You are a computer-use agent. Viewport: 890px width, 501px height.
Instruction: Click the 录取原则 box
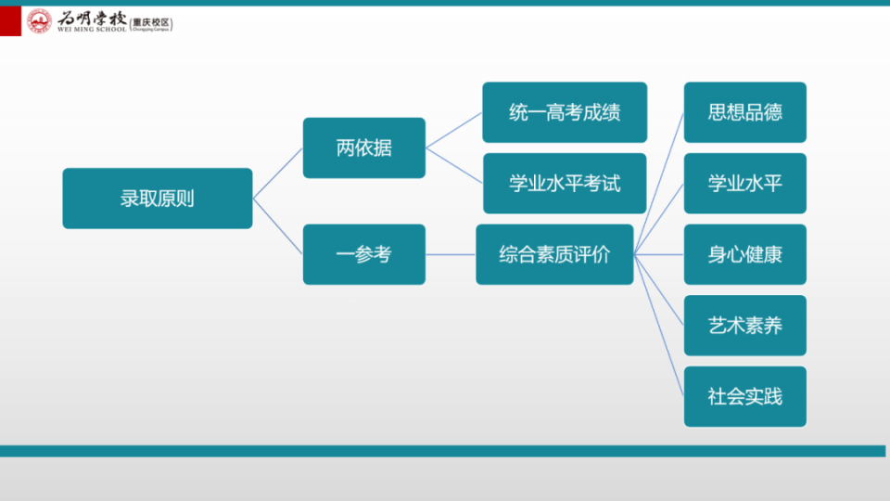(x=158, y=199)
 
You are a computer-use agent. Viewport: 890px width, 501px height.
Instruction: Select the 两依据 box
(x=363, y=148)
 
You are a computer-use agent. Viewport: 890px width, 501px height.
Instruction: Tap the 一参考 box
(x=363, y=254)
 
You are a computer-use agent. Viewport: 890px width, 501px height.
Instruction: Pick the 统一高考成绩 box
(x=565, y=112)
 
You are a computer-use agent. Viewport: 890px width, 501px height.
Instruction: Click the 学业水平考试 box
(x=565, y=184)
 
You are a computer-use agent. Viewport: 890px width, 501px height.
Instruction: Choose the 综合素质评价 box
(x=554, y=254)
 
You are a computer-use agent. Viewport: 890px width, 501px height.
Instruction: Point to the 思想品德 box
(x=744, y=112)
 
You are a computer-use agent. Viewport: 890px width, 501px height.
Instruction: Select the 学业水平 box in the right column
(x=744, y=184)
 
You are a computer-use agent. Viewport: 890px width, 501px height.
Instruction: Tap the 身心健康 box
(x=744, y=254)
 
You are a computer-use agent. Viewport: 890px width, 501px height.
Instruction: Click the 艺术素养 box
(x=744, y=326)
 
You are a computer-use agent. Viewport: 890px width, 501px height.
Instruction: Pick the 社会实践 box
(x=744, y=396)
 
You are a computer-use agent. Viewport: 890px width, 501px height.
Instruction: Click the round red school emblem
(x=39, y=21)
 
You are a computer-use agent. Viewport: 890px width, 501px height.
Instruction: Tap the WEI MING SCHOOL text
(x=92, y=30)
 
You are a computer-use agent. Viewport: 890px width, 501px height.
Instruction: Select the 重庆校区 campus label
(x=151, y=22)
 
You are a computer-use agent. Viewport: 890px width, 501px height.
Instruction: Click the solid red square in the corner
(x=10, y=21)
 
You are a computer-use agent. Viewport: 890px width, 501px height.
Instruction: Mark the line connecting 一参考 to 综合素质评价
(x=451, y=254)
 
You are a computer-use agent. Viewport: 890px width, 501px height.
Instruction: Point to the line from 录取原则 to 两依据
(x=277, y=173)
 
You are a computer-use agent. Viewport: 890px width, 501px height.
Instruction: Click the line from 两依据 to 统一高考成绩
(x=454, y=130)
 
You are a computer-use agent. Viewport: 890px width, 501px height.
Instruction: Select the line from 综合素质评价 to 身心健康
(x=659, y=254)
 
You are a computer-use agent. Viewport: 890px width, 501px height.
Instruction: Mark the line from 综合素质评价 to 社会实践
(x=659, y=326)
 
